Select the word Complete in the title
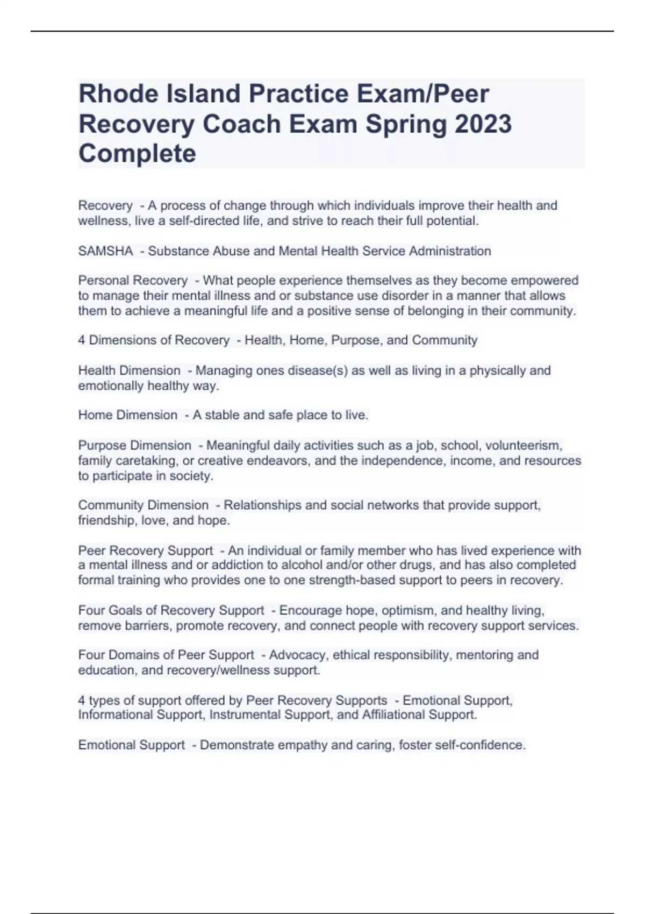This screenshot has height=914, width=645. [x=137, y=153]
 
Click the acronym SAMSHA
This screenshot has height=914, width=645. [x=105, y=251]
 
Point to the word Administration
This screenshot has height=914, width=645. [x=450, y=251]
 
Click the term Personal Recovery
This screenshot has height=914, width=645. [x=133, y=281]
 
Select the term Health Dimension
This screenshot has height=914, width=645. [x=129, y=370]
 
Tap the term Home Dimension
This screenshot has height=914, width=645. [x=127, y=415]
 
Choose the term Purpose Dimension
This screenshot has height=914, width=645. [x=134, y=446]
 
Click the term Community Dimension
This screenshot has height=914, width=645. [x=143, y=505]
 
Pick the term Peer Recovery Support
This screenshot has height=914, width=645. [x=145, y=551]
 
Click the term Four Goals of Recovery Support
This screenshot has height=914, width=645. [x=171, y=611]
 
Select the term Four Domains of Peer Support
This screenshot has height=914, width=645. [x=166, y=655]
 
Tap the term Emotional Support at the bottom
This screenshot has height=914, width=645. [x=131, y=745]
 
